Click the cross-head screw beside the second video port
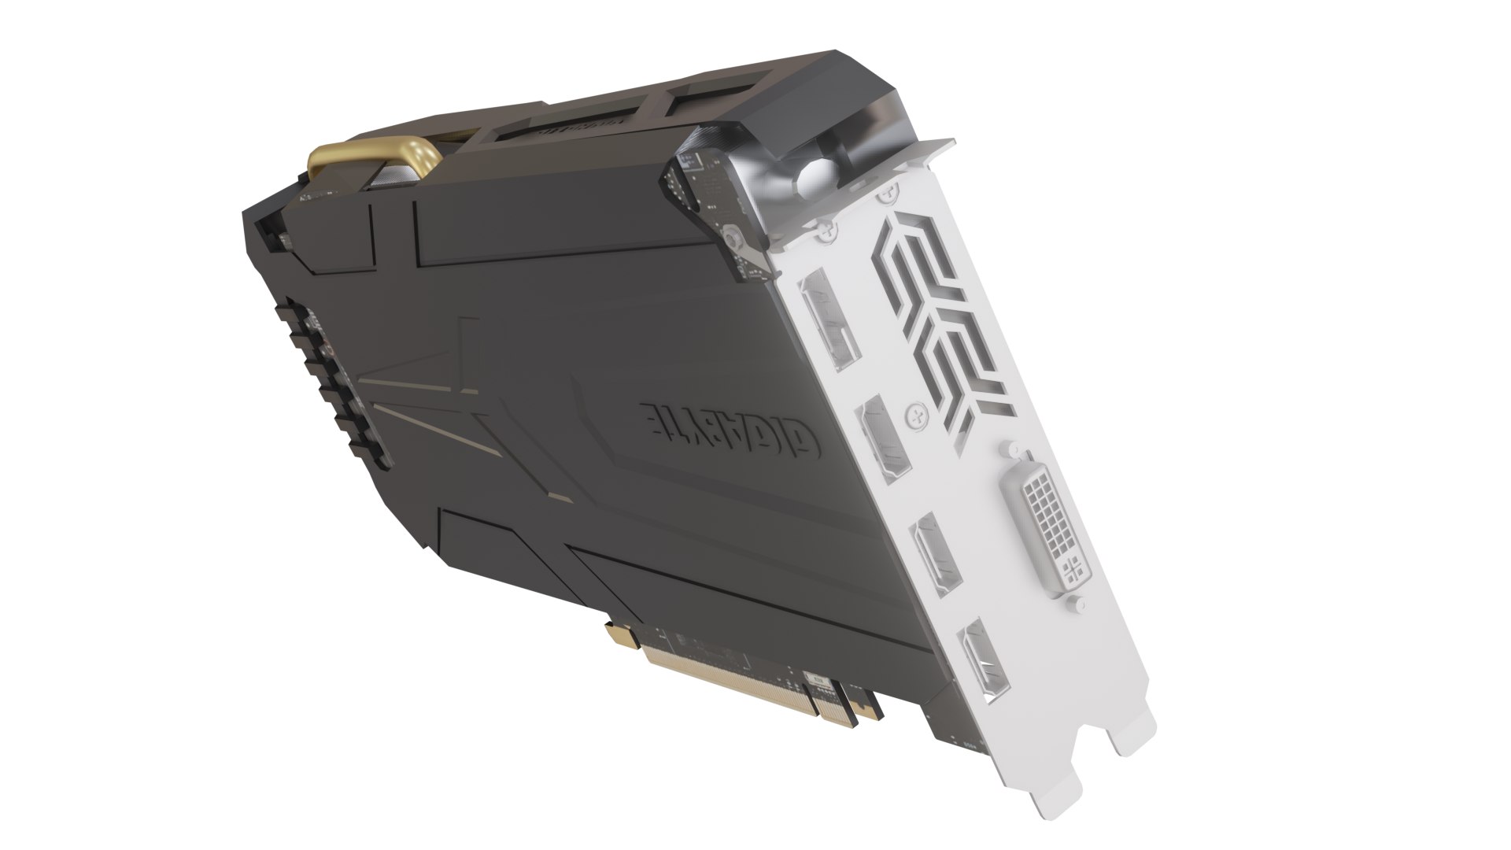[x=914, y=411]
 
